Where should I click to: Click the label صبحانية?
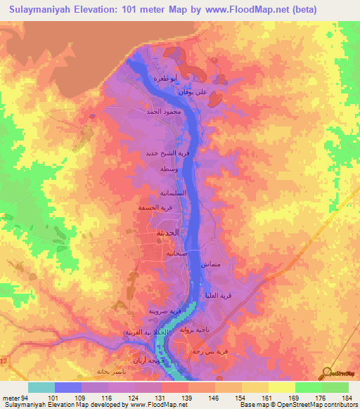tap(175, 253)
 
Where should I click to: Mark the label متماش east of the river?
tap(211, 265)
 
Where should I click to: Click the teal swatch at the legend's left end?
tap(41, 387)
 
